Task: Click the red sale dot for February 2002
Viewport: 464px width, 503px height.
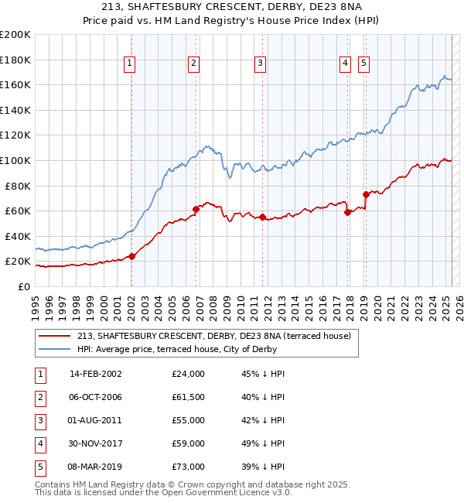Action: (131, 256)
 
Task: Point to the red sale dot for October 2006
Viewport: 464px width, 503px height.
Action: (196, 208)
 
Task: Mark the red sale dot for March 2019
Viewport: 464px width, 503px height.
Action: (366, 194)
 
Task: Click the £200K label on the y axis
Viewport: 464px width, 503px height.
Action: (15, 35)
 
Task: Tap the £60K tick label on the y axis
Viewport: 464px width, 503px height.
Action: (18, 210)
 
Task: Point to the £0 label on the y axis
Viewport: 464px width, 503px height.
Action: (23, 286)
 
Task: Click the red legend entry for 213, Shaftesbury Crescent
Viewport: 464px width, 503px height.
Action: (213, 336)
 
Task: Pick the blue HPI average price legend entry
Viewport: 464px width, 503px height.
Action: (203, 349)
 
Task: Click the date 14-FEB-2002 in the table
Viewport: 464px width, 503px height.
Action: (96, 374)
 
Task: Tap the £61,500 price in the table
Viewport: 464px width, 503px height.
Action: (188, 397)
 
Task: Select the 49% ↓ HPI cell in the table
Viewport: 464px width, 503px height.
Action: (263, 443)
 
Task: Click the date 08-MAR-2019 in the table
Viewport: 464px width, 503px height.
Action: (96, 467)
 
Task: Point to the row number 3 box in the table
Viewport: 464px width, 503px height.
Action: (39, 420)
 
